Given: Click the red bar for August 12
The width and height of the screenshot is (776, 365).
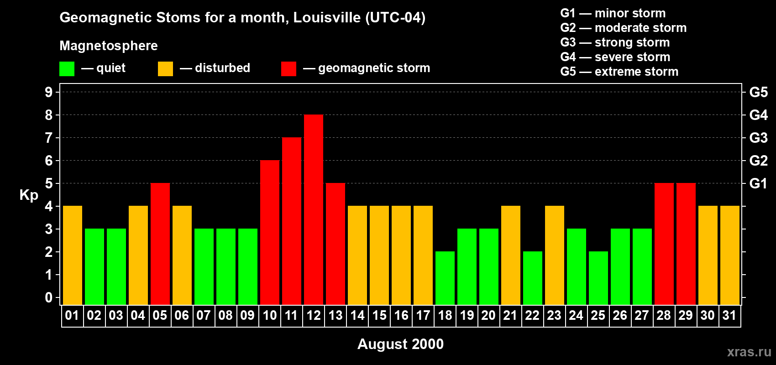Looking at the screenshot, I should pyautogui.click(x=314, y=209).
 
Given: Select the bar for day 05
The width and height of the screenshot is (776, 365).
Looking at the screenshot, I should pyautogui.click(x=160, y=244).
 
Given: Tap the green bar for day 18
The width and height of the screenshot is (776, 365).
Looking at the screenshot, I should pyautogui.click(x=445, y=278).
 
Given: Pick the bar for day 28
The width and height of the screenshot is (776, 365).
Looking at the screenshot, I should pyautogui.click(x=664, y=244).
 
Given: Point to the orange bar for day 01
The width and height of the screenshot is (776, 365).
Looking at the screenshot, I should pyautogui.click(x=73, y=255).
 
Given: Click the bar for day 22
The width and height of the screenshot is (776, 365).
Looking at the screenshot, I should pyautogui.click(x=533, y=278).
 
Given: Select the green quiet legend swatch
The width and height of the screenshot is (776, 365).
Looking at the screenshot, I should pyautogui.click(x=67, y=69).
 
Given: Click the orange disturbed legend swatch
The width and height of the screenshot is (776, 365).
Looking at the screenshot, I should pyautogui.click(x=165, y=69).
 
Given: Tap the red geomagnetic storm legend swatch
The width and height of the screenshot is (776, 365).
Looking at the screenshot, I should pyautogui.click(x=288, y=69).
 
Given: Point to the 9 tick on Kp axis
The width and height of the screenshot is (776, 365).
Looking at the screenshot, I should pyautogui.click(x=49, y=92).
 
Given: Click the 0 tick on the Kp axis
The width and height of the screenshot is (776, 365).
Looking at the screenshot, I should pyautogui.click(x=49, y=297).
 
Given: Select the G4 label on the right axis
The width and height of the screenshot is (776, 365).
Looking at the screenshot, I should pyautogui.click(x=758, y=115).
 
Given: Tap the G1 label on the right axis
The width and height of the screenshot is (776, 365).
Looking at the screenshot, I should pyautogui.click(x=758, y=183).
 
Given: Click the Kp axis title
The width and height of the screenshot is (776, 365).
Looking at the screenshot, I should pyautogui.click(x=29, y=195).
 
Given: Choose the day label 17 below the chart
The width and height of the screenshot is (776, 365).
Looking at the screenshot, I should pyautogui.click(x=423, y=316).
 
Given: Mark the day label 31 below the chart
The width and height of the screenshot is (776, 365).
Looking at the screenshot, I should pyautogui.click(x=729, y=316).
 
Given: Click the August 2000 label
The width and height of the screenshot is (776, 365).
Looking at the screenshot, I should pyautogui.click(x=400, y=344).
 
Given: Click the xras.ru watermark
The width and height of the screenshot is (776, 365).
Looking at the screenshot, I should pyautogui.click(x=749, y=352).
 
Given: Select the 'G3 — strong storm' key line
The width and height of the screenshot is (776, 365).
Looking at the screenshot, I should pyautogui.click(x=615, y=42).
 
